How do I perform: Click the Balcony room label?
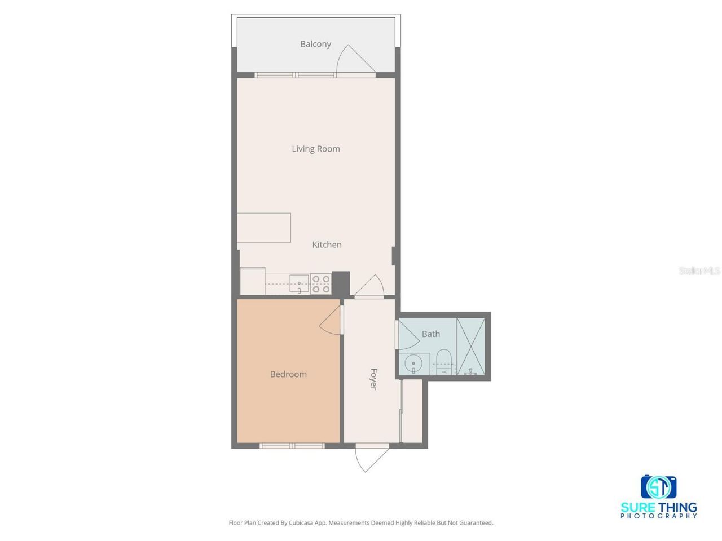(315, 44)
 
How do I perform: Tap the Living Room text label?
(316, 149)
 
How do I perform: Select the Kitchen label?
(327, 245)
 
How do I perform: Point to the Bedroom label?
(288, 374)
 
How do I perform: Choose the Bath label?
(431, 334)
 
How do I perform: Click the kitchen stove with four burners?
(321, 284)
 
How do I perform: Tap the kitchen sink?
(299, 283)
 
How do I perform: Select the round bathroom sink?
(414, 363)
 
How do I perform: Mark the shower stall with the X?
(470, 346)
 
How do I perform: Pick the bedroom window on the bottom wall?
(292, 446)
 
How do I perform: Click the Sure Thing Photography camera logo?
(658, 486)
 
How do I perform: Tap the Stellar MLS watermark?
(699, 271)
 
